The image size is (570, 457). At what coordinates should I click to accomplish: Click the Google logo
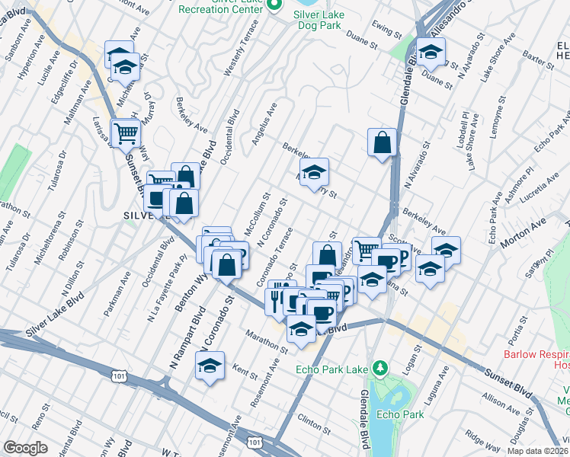[25, 448]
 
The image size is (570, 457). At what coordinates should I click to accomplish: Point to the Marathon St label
[267, 340]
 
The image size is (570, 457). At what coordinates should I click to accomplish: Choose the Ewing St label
[386, 32]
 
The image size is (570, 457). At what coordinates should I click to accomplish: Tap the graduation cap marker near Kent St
[210, 366]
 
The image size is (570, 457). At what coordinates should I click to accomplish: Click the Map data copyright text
[536, 451]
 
